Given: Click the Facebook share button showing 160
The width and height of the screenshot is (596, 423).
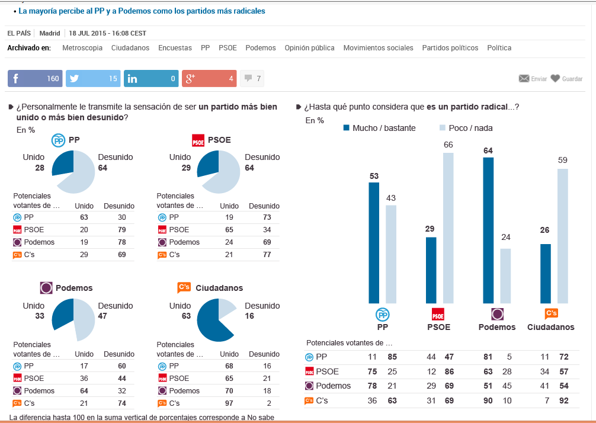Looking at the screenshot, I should [x=35, y=78].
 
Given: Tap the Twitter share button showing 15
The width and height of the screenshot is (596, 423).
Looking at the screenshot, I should [x=92, y=78].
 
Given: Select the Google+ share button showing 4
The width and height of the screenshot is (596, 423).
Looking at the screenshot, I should [x=208, y=78].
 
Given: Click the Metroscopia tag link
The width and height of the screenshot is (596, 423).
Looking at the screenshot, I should [x=82, y=48].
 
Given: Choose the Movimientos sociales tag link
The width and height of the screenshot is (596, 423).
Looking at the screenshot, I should [x=378, y=48].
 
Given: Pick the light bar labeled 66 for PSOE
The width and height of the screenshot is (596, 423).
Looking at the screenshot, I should [x=448, y=227].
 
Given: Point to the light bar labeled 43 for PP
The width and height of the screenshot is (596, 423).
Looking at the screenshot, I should [x=390, y=254].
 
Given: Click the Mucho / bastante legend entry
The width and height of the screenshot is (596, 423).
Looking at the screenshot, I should [x=379, y=128].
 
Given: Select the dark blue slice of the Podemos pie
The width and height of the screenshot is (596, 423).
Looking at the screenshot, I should [x=63, y=314].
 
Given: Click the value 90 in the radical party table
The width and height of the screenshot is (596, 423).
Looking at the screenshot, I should [x=488, y=401].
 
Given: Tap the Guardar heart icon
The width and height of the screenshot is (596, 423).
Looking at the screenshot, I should [x=555, y=78].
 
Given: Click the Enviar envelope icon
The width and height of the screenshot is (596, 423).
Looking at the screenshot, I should [x=524, y=78].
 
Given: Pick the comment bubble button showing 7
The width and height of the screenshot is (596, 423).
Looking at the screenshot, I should [x=252, y=78].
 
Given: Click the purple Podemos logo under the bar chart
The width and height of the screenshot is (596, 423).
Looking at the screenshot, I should [x=497, y=314].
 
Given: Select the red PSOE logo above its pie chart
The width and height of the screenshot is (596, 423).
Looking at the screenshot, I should [x=198, y=140].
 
